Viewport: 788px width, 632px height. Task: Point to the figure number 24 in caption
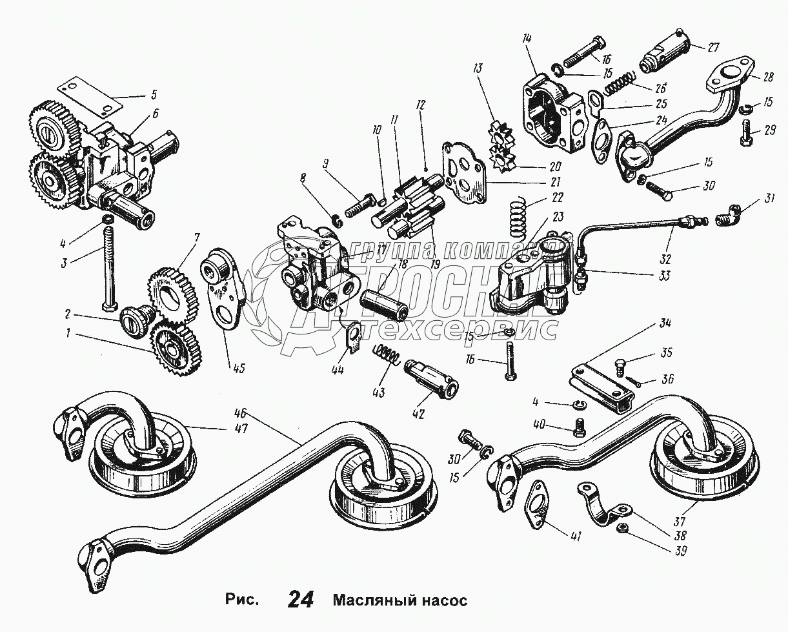coord(301,600)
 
